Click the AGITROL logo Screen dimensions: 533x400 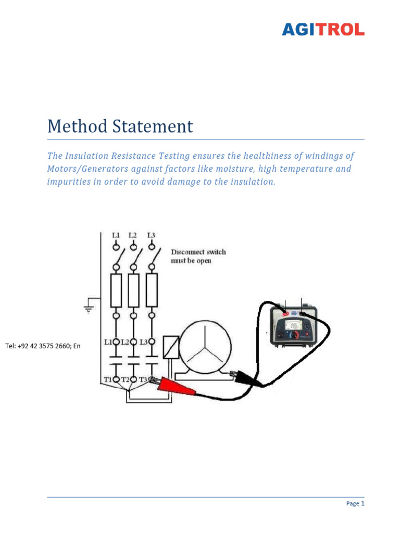tap(323, 30)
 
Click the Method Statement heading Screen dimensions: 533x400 tap(120, 126)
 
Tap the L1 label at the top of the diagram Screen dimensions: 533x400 tap(116, 235)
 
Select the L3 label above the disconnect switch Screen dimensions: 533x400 tap(151, 235)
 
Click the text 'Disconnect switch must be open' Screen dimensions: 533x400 tap(198, 256)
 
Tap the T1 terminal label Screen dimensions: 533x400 tap(107, 379)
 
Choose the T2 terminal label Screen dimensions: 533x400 tap(125, 379)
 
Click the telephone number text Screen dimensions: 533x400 tap(43, 346)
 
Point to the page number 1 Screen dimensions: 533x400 tap(362, 503)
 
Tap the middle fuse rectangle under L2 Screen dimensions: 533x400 tap(134, 290)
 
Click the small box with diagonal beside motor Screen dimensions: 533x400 tap(171, 347)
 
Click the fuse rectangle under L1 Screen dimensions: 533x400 tap(116, 290)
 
